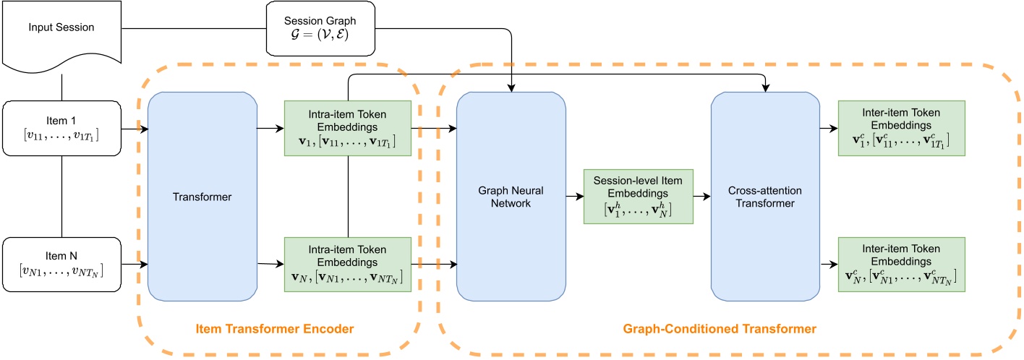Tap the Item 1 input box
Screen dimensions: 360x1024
tap(61, 129)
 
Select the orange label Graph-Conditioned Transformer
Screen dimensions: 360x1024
tap(719, 329)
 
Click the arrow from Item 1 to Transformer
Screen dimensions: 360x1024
tap(135, 129)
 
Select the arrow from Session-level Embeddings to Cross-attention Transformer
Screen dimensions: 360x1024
tap(701, 196)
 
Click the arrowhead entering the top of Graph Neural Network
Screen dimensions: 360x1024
tap(512, 89)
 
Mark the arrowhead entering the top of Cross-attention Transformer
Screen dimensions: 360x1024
tap(766, 89)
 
